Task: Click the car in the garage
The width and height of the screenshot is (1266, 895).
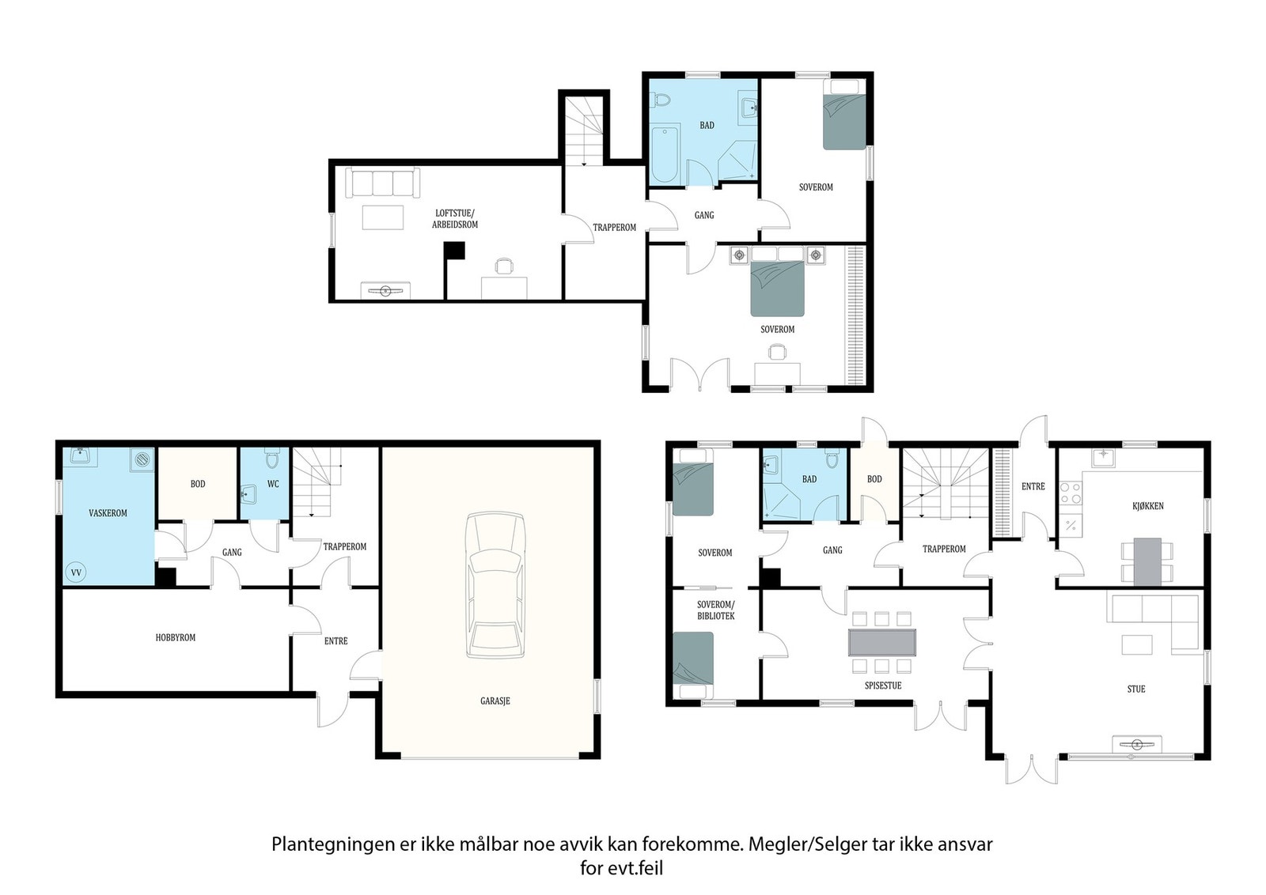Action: click(x=495, y=585)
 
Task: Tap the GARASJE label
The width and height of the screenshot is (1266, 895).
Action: click(x=495, y=701)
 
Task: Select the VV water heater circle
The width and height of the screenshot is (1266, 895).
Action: click(x=76, y=572)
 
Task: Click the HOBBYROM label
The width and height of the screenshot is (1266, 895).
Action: click(x=175, y=637)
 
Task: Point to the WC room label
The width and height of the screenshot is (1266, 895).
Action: click(x=273, y=484)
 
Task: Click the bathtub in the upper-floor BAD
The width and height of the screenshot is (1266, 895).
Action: click(x=664, y=155)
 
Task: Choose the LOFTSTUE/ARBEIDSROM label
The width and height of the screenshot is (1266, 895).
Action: click(x=455, y=218)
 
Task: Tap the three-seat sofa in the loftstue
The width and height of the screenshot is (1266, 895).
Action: click(x=383, y=183)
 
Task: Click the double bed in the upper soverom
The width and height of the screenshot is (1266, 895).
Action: click(x=777, y=281)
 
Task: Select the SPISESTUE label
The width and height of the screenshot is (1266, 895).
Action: click(x=883, y=685)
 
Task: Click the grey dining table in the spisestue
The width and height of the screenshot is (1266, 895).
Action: click(x=882, y=643)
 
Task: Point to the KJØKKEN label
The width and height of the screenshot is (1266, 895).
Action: click(x=1148, y=506)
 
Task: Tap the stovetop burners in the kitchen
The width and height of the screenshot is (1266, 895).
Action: click(x=1071, y=493)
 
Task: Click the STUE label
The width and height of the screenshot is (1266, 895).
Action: click(x=1136, y=689)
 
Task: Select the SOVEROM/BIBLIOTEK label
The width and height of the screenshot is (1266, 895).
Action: click(x=715, y=610)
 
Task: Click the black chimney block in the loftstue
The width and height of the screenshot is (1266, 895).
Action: click(x=454, y=251)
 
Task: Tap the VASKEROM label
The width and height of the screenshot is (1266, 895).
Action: click(x=108, y=513)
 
